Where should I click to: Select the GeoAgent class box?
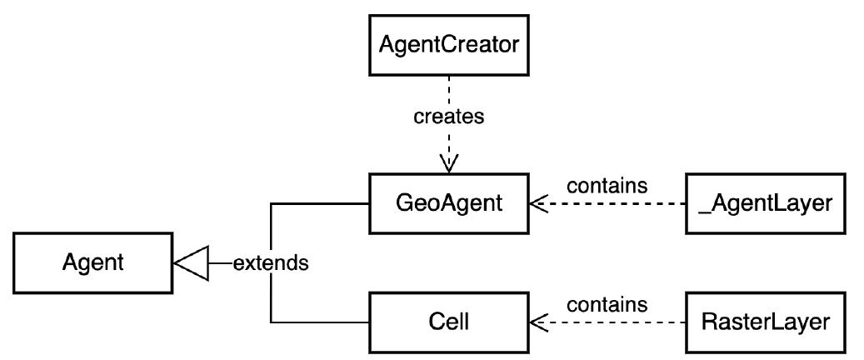449,202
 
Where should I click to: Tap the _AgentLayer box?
766,202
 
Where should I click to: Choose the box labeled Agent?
92,263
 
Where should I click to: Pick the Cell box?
449,322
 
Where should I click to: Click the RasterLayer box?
766,322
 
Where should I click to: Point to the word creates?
449,117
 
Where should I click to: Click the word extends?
271,264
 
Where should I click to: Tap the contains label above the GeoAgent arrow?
607,185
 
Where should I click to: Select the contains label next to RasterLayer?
607,304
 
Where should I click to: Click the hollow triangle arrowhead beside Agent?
189,264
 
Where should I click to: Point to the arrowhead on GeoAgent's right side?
539,202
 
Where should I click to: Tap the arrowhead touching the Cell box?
539,322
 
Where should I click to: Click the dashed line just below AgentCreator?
449,87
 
